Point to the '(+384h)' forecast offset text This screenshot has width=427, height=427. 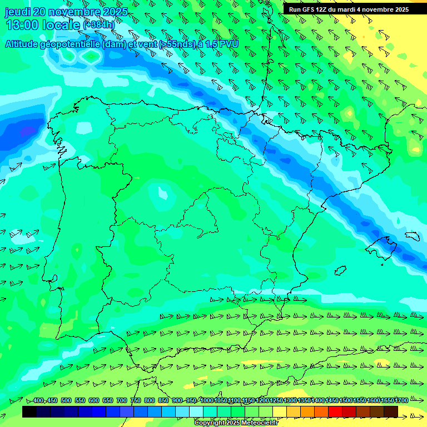coord(99,25)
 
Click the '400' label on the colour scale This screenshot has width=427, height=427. coord(38,401)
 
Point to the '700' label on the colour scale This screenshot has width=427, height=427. coord(122,401)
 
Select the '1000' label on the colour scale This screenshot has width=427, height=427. coord(207,401)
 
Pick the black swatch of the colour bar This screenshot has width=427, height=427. coord(29,412)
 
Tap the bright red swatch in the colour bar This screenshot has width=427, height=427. coord(335,412)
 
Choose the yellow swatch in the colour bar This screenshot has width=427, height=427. coord(280,412)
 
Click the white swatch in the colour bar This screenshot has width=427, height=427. coord(196,412)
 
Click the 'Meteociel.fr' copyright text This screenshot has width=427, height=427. coord(259,423)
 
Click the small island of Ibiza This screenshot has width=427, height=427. coord(339,270)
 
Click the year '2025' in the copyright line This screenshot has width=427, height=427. coord(232,423)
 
